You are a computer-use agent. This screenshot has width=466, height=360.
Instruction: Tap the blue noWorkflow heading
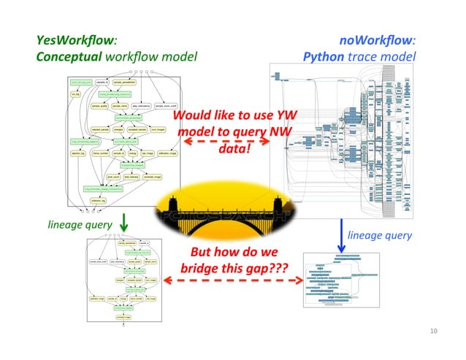(x=377, y=41)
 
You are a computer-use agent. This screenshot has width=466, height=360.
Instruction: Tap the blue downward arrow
(x=342, y=235)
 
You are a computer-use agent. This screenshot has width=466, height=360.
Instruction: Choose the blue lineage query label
(x=380, y=235)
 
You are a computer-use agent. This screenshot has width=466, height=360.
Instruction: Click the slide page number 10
(x=434, y=331)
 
